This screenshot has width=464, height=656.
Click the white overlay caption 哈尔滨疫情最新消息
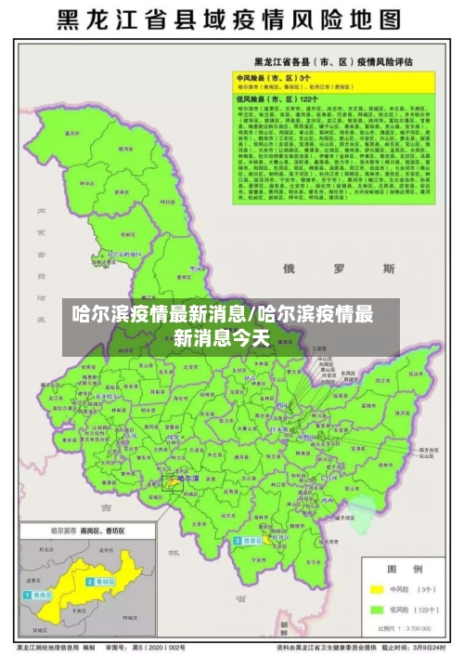231,324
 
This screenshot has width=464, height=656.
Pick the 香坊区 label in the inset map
101,582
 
